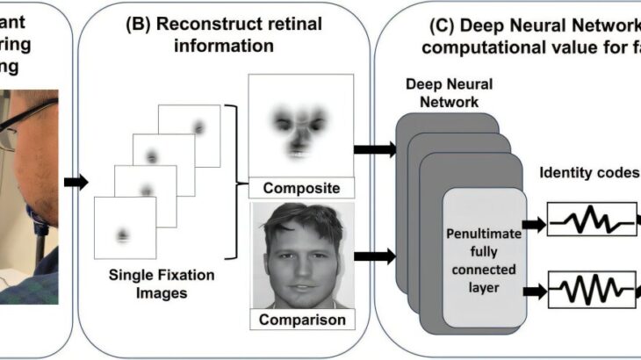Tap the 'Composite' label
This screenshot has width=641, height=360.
[301, 187]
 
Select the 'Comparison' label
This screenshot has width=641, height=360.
[301, 320]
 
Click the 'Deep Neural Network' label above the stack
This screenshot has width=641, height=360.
[443, 91]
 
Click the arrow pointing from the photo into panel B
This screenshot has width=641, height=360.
[77, 183]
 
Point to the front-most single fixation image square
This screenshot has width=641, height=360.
[125, 227]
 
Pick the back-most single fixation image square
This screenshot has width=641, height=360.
[188, 136]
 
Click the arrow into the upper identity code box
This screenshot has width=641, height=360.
[534, 225]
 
